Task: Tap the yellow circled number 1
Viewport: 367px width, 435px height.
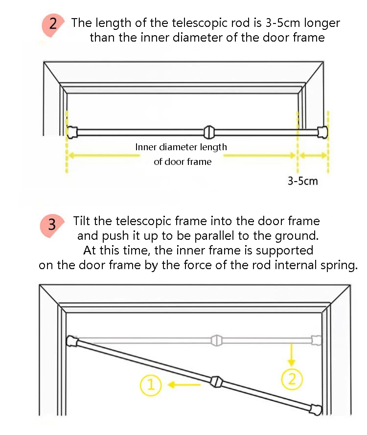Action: pos(151,385)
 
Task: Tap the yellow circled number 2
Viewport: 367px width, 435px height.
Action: pos(292,379)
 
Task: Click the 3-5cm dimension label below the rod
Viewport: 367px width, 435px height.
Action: pos(302,181)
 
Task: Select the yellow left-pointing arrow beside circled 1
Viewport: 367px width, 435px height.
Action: pos(184,385)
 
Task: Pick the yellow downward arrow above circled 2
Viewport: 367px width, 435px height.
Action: pos(292,355)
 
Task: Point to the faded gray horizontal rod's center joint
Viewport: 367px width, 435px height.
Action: pos(216,339)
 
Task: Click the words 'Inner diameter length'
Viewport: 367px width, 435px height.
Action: pos(181,147)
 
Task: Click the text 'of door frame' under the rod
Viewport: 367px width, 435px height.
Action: pos(183,162)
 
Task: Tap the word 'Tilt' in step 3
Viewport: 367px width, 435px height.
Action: pos(82,221)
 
